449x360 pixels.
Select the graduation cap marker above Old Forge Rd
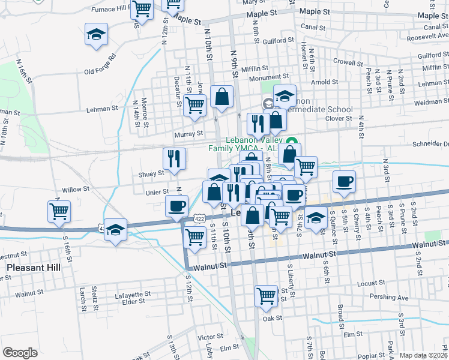pyautogui.click(x=96, y=35)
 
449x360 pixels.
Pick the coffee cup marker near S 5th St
pyautogui.click(x=344, y=182)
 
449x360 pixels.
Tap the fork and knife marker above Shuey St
pyautogui.click(x=174, y=159)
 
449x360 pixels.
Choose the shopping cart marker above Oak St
pyautogui.click(x=265, y=295)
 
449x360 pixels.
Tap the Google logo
pyautogui.click(x=20, y=353)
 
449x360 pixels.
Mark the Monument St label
pyautogui.click(x=270, y=77)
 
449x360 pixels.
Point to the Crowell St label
pyautogui.click(x=345, y=61)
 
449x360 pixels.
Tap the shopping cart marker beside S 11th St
pyautogui.click(x=195, y=236)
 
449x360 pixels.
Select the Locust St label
pyautogui.click(x=370, y=282)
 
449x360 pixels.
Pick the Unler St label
pyautogui.click(x=158, y=192)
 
